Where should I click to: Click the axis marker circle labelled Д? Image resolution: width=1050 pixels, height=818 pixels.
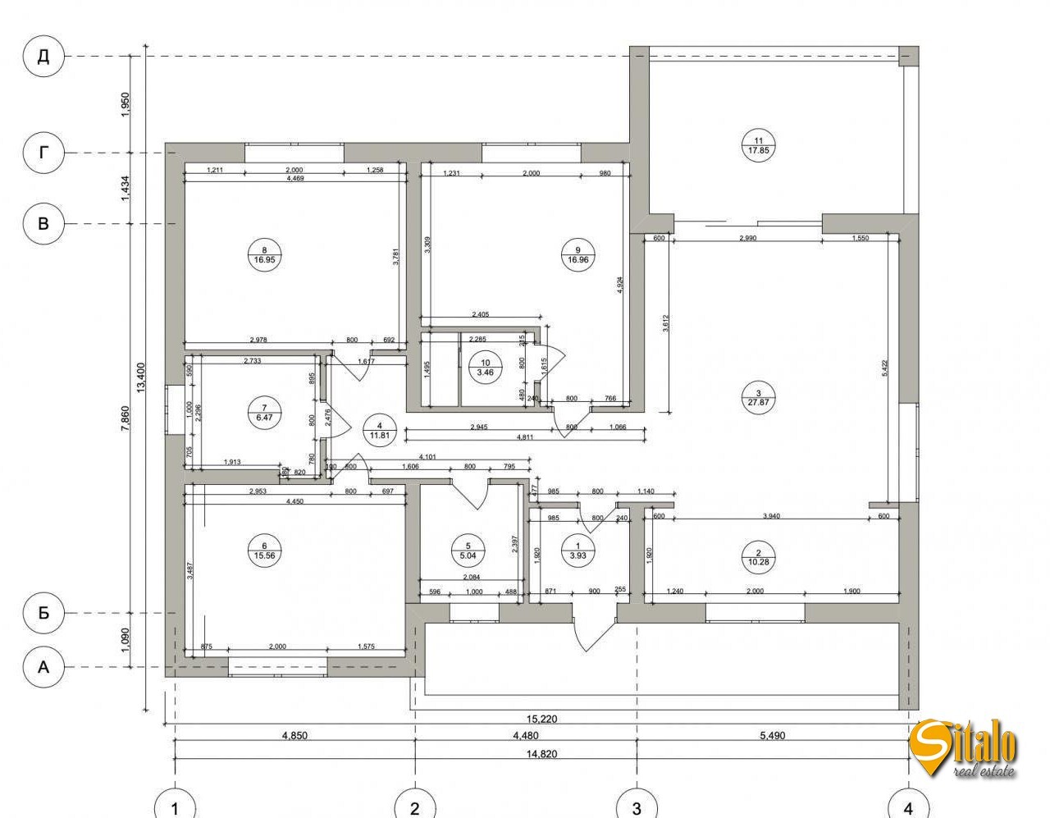pyautogui.click(x=43, y=56)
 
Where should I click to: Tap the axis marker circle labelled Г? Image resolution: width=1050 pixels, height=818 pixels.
pyautogui.click(x=43, y=153)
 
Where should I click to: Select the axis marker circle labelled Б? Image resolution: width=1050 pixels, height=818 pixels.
pyautogui.click(x=43, y=613)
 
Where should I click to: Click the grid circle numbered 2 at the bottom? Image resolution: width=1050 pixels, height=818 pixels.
pyautogui.click(x=415, y=807)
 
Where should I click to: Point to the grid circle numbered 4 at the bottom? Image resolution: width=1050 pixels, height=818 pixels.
pyautogui.click(x=907, y=807)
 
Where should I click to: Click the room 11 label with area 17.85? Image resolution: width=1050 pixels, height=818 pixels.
pyautogui.click(x=758, y=145)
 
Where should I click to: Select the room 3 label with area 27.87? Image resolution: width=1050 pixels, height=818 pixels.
pyautogui.click(x=758, y=398)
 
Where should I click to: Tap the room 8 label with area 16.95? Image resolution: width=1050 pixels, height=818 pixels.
pyautogui.click(x=264, y=254)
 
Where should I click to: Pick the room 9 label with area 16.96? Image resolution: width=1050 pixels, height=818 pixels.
pyautogui.click(x=578, y=254)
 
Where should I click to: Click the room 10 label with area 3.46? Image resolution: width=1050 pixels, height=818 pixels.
pyautogui.click(x=485, y=367)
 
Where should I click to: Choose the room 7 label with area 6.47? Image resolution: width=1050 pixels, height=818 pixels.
pyautogui.click(x=264, y=412)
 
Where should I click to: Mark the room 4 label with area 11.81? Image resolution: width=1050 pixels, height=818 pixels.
pyautogui.click(x=379, y=431)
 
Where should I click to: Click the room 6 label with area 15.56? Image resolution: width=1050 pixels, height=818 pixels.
pyautogui.click(x=264, y=551)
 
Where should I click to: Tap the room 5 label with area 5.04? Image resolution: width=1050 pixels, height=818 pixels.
pyautogui.click(x=468, y=551)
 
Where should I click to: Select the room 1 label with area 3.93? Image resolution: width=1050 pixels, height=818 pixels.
pyautogui.click(x=577, y=551)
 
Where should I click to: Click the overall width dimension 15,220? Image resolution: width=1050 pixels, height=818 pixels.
pyautogui.click(x=541, y=719)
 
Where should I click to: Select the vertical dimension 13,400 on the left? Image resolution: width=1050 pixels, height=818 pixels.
pyautogui.click(x=141, y=377)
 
